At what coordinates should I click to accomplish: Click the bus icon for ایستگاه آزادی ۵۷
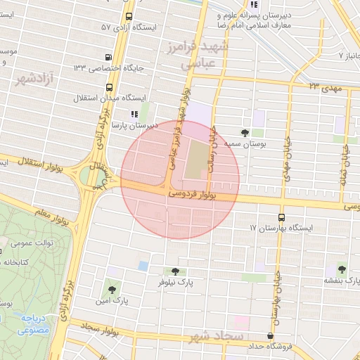pyautogui.click(x=128, y=17)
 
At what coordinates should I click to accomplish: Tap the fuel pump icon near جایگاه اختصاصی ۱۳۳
pyautogui.click(x=108, y=57)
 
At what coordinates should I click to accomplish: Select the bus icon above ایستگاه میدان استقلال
pyautogui.click(x=110, y=87)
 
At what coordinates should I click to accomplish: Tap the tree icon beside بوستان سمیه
pyautogui.click(x=245, y=132)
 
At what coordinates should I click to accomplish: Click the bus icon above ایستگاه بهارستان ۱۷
pyautogui.click(x=282, y=217)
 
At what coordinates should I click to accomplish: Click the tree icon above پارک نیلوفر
pyautogui.click(x=175, y=271)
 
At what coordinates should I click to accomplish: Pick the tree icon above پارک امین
pyautogui.click(x=110, y=288)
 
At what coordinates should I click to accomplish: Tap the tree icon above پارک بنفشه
pyautogui.click(x=342, y=268)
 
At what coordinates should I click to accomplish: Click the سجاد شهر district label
pyautogui.click(x=217, y=336)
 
